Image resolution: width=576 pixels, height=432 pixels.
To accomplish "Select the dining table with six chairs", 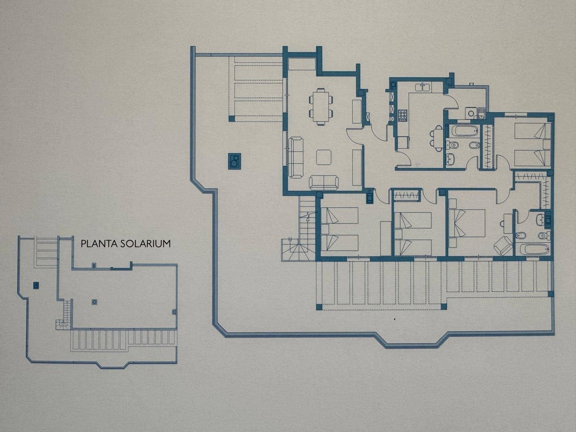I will [321, 106].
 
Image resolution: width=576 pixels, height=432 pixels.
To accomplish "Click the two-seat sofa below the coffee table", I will [324, 182].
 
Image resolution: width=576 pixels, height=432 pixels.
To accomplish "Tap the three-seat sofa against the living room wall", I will [296, 157].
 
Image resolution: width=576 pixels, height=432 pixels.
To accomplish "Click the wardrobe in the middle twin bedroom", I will [407, 196].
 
